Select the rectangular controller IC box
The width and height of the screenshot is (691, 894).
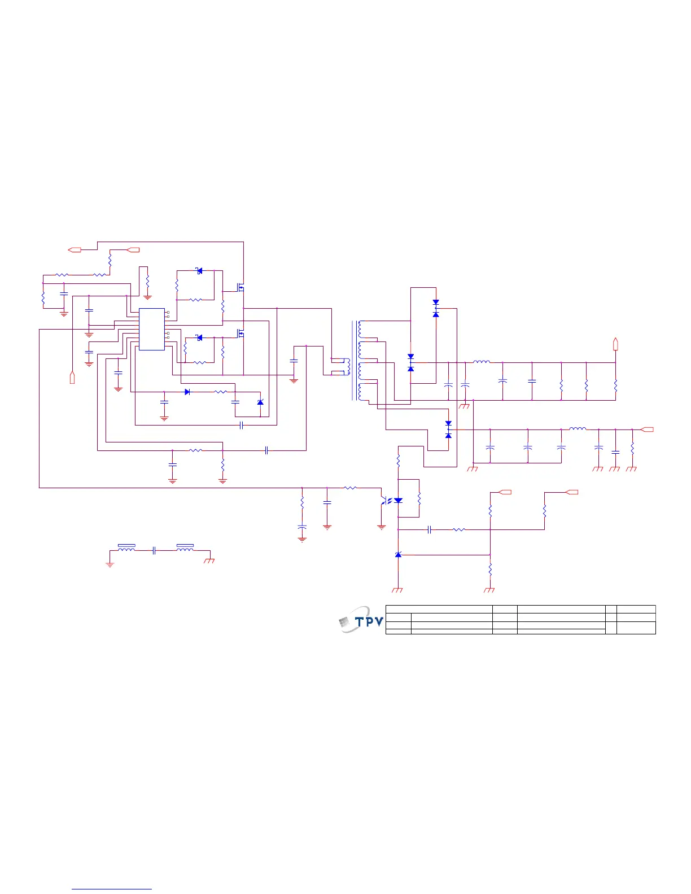coord(152,329)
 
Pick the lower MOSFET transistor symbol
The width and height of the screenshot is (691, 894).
coord(241,334)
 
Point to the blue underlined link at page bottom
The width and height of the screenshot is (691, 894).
coord(112,889)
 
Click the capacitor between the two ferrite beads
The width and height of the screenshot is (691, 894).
coord(154,551)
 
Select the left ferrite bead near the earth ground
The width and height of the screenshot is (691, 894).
coord(126,547)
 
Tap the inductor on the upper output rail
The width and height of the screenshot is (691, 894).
coord(482,362)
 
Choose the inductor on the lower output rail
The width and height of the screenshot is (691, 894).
coord(578,429)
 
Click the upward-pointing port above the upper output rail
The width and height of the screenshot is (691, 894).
coord(615,343)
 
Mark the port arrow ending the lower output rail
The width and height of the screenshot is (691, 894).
coord(648,430)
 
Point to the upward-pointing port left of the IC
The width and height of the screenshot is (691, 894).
coord(72,377)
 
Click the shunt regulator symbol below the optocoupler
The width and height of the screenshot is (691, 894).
coord(399,555)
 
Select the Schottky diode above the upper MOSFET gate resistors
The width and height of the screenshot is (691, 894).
coord(199,271)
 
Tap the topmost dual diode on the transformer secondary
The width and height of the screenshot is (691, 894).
coord(436,308)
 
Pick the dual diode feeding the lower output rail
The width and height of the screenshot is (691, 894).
coord(448,430)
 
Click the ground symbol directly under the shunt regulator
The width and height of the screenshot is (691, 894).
coord(397,590)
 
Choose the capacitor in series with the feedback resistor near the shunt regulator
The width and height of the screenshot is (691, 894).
coord(430,529)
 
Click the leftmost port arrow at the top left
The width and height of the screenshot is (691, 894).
coord(75,249)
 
